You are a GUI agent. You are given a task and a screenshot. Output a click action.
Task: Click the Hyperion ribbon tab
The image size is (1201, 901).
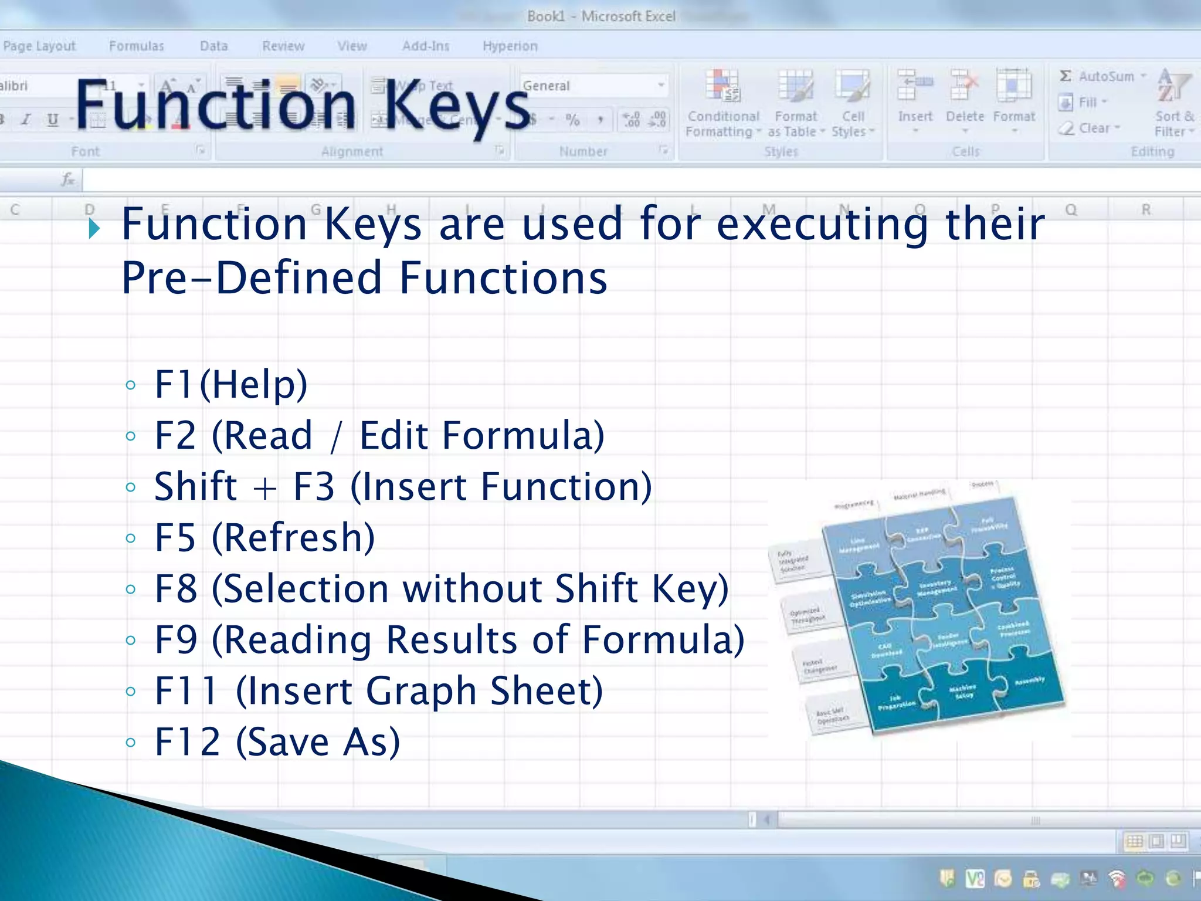(x=510, y=46)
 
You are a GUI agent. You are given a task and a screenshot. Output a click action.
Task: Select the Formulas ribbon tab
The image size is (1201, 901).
(x=136, y=46)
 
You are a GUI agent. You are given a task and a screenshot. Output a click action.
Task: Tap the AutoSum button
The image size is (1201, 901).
(x=1101, y=76)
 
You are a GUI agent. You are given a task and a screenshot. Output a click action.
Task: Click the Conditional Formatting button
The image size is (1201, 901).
(x=722, y=109)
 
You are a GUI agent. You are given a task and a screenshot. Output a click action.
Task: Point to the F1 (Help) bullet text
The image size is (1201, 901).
(x=230, y=384)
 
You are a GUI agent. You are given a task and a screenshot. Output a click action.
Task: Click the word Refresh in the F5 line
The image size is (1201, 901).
(x=293, y=537)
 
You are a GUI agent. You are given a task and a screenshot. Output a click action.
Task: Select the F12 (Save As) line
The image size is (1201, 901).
(x=277, y=742)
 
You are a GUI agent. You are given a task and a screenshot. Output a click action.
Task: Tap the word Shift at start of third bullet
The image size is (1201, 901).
(x=195, y=486)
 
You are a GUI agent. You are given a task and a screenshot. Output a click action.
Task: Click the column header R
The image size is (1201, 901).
(x=1145, y=209)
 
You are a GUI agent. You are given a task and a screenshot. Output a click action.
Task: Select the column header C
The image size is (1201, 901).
(x=15, y=209)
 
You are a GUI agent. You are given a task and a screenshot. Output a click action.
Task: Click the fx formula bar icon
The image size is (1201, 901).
(x=68, y=179)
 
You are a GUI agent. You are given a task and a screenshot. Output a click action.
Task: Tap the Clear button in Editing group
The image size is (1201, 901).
(x=1090, y=128)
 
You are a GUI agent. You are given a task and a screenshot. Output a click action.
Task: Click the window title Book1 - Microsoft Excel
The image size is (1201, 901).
(x=600, y=16)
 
